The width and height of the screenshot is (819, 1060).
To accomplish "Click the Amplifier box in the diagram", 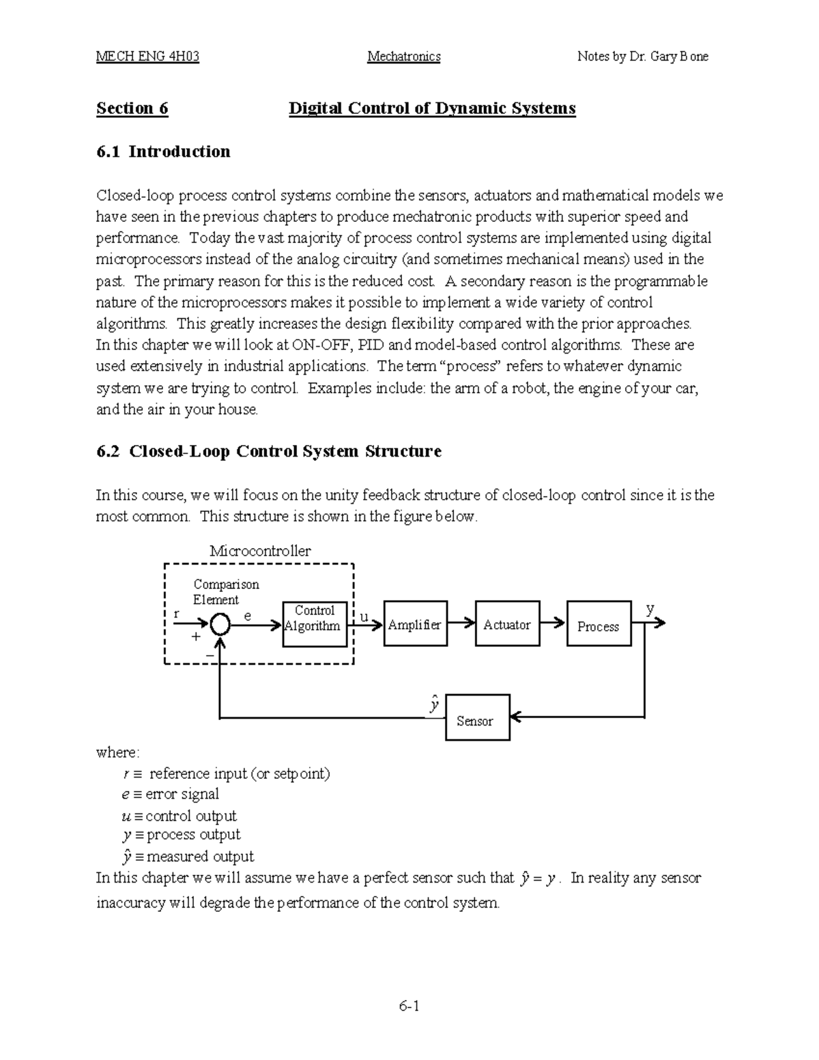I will (415, 624).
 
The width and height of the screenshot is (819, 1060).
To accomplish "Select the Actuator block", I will (507, 624).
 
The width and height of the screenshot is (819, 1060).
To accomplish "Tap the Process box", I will (599, 624).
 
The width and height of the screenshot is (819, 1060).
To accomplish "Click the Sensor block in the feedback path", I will (477, 717).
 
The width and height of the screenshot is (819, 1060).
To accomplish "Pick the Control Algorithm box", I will (315, 624).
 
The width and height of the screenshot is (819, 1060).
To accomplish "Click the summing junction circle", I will (220, 624).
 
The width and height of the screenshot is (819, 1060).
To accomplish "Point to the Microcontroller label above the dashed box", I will (260, 551).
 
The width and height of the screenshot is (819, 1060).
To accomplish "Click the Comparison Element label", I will (225, 592).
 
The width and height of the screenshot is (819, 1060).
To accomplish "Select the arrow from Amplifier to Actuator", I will (461, 623).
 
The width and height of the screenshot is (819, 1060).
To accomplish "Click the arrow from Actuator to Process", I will (554, 623).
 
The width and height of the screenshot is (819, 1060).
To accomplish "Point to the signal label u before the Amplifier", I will (364, 617).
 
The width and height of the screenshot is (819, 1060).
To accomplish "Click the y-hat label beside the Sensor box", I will (433, 704).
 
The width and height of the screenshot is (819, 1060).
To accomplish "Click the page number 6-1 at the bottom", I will (409, 1006).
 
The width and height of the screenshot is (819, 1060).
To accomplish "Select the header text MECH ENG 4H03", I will (148, 57).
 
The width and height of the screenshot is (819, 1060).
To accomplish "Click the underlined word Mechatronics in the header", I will (404, 57).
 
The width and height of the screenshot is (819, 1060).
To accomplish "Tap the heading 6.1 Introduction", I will (163, 152).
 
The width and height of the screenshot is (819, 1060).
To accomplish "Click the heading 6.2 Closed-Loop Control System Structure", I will (269, 452).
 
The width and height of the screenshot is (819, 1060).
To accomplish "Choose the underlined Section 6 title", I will (132, 109).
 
